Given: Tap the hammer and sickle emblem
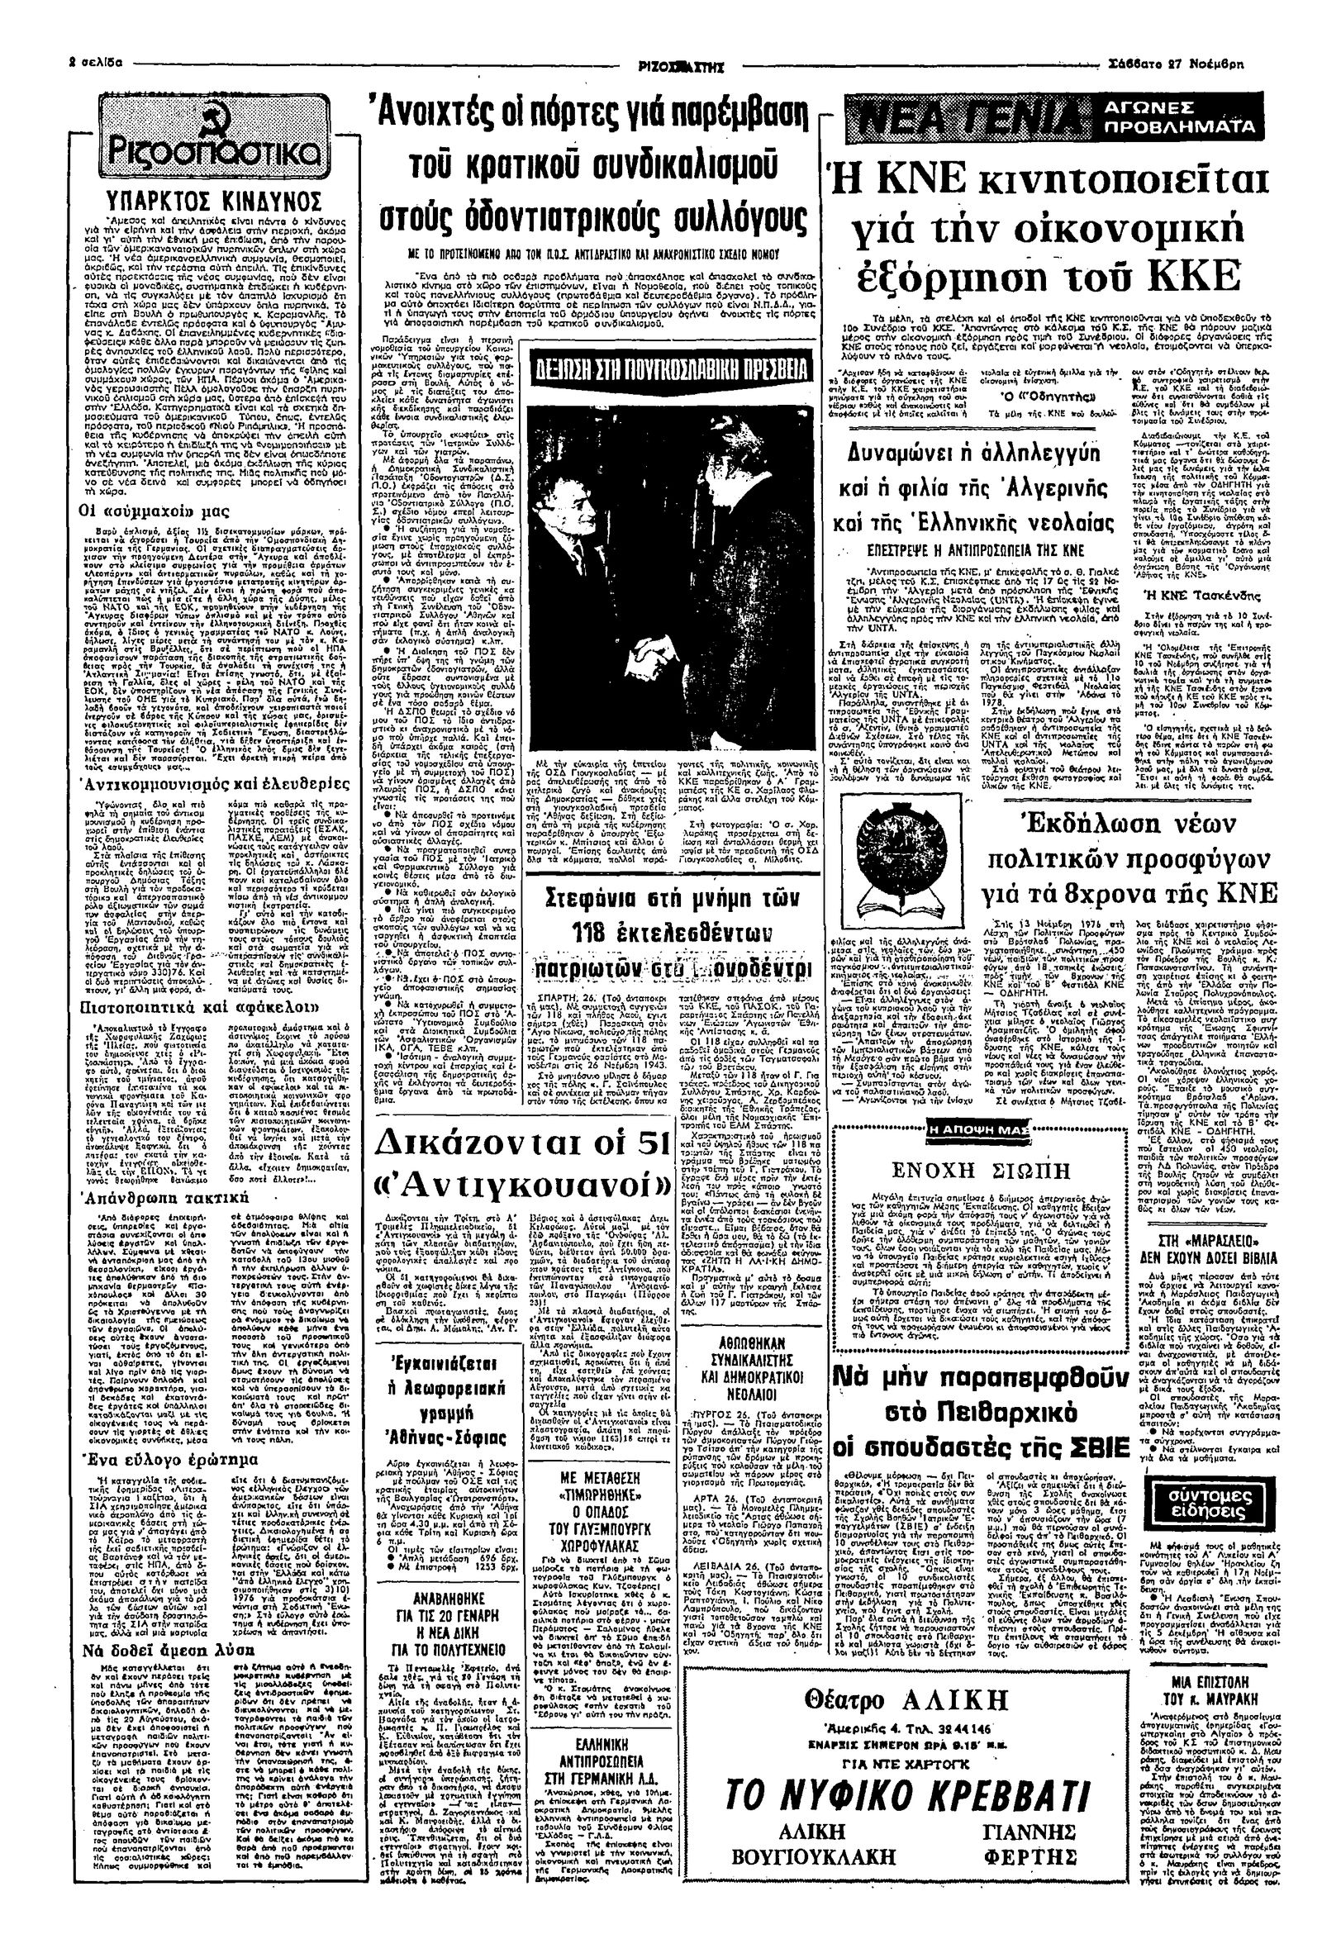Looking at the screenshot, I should pos(134,122).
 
